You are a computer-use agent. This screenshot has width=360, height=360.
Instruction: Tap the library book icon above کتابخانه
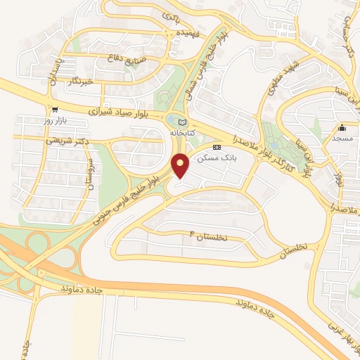coord(183,122)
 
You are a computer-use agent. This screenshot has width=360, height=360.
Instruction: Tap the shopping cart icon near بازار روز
coord(55,110)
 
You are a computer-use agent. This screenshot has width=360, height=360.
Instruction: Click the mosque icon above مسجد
coord(342,128)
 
